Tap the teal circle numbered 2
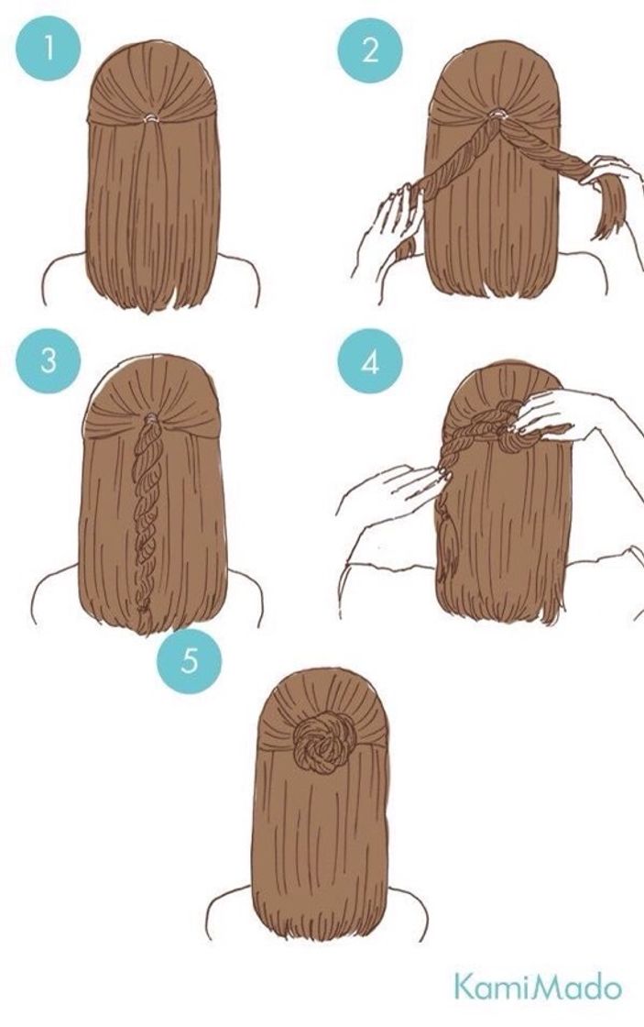tap(369, 50)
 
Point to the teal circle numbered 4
tap(369, 363)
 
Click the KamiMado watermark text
tap(538, 988)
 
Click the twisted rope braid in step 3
tap(147, 513)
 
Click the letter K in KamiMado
tap(464, 988)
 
